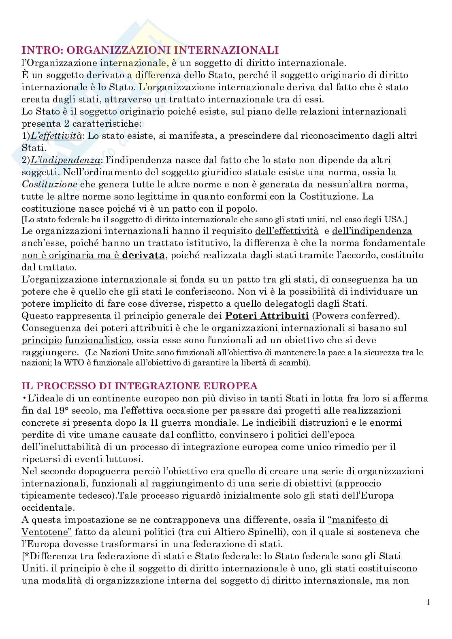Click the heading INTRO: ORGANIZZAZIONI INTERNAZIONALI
tap(149, 50)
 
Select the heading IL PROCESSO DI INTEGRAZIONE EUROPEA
tap(142, 385)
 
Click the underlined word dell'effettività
tap(287, 231)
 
